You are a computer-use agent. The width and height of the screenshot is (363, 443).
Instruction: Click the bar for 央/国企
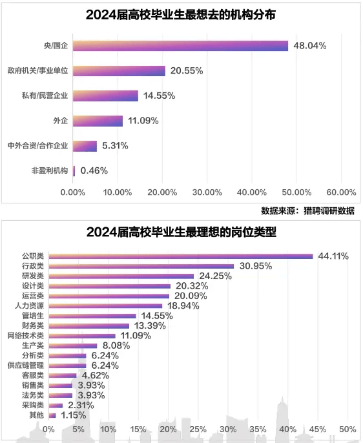(180, 45)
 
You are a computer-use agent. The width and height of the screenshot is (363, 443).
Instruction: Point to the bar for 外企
(98, 121)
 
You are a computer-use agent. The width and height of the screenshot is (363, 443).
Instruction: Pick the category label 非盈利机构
(50, 171)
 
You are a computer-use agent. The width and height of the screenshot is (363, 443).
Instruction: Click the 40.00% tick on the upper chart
(251, 192)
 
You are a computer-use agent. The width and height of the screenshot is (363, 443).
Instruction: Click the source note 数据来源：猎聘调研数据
(307, 211)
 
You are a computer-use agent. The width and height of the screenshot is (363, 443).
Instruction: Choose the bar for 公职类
(180, 256)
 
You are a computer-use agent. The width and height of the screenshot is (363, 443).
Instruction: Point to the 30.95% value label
(255, 266)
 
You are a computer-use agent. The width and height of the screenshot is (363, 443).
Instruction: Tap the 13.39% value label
(149, 325)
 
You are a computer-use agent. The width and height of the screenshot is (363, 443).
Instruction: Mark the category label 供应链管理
(26, 366)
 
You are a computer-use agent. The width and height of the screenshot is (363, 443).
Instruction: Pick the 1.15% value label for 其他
(74, 415)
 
